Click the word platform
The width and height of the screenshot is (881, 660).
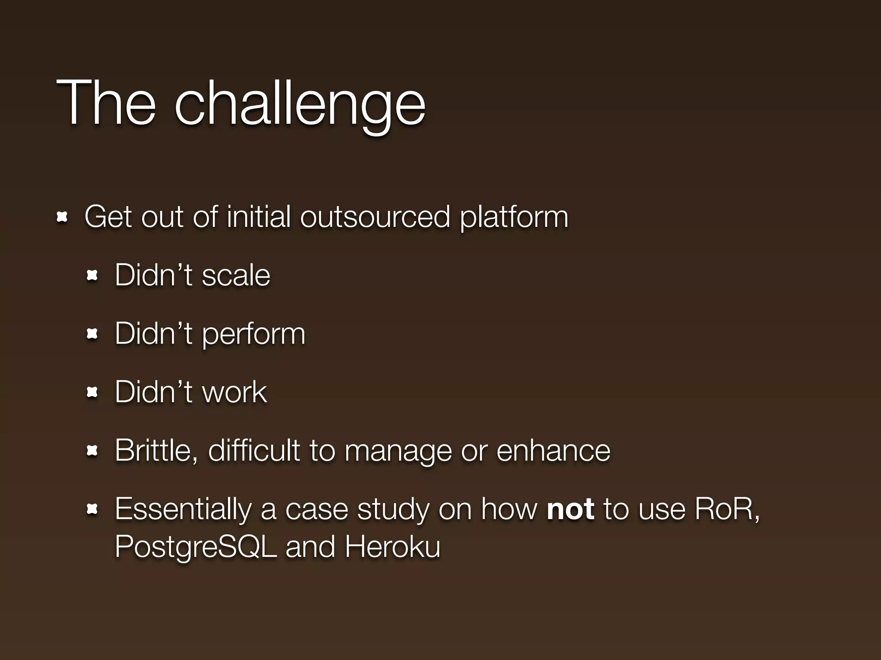(514, 218)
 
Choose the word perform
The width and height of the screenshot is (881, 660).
(253, 334)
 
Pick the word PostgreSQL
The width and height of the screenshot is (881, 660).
(196, 547)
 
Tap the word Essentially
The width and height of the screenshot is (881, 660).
(183, 510)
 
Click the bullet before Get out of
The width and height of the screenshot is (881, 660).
(62, 217)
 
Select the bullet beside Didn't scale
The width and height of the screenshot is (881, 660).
(92, 276)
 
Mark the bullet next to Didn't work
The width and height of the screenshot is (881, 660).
(92, 392)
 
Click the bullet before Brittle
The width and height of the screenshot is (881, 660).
(92, 451)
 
